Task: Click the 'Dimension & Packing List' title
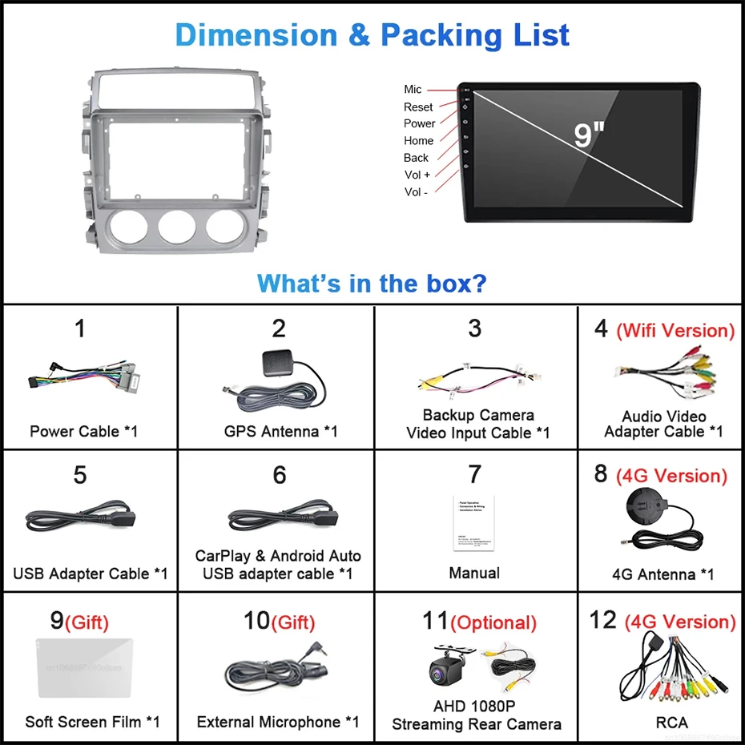coord(372,35)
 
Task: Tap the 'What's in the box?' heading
coord(372,283)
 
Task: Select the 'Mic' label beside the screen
coord(413,89)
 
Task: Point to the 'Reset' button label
coord(418,107)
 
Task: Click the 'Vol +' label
coord(417,175)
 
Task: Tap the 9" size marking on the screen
coord(588,135)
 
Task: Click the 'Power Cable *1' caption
coord(83,431)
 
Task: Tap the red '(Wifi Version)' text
coord(675,330)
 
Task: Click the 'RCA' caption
coord(671,722)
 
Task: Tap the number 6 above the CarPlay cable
coord(279,475)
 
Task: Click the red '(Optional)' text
coord(493,622)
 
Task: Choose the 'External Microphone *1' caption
coord(278,722)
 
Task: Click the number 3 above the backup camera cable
coord(475,328)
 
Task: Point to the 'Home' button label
coord(418,140)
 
